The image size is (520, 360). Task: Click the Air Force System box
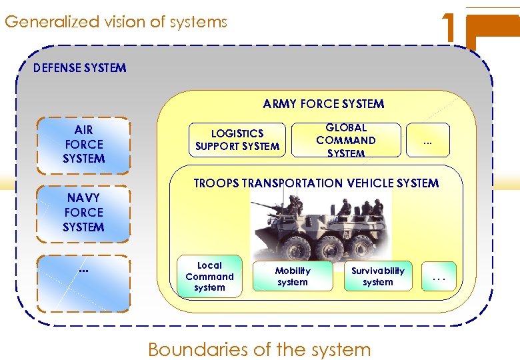click(83, 144)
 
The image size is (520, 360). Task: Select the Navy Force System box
click(83, 213)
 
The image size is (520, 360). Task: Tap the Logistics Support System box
click(237, 140)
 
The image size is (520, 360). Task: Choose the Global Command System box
click(346, 140)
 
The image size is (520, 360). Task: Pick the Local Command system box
click(209, 277)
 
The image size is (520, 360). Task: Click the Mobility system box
click(293, 277)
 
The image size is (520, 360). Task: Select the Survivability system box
click(378, 277)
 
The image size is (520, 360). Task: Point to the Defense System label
click(79, 68)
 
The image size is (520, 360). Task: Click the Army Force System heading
click(323, 104)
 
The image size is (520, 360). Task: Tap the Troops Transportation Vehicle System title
click(316, 183)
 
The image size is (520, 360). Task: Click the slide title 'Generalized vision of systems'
click(115, 22)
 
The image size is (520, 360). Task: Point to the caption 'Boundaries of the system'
click(259, 349)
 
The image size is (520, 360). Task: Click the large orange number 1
click(451, 27)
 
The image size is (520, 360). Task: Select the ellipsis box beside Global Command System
click(427, 140)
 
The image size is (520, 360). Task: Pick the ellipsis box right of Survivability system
click(439, 277)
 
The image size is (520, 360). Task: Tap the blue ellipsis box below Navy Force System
click(83, 283)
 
